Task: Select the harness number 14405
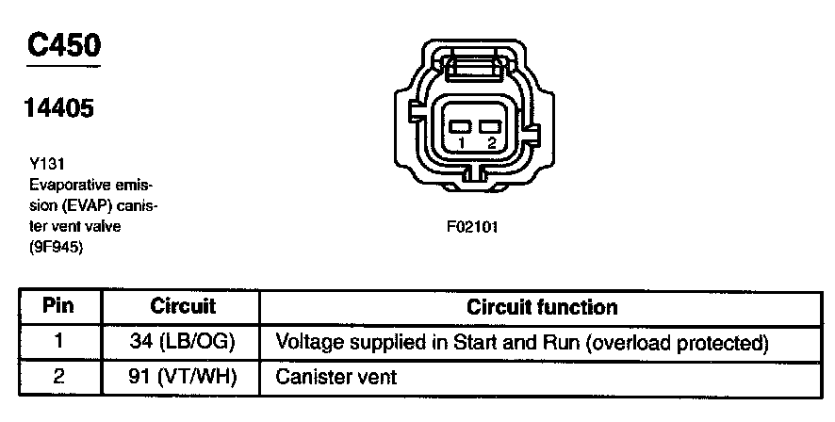pos(58,109)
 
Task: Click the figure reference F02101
pos(472,227)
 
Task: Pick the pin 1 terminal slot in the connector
pos(460,125)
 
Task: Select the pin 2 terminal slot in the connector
pos(488,125)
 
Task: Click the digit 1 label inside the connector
pos(461,142)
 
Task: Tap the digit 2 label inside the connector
pos(490,142)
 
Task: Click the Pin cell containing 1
pos(59,342)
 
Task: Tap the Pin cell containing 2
pos(59,377)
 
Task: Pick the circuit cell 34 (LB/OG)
pos(182,342)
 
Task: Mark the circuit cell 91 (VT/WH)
pos(182,377)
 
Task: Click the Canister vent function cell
pos(336,377)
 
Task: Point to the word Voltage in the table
pos(307,342)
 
